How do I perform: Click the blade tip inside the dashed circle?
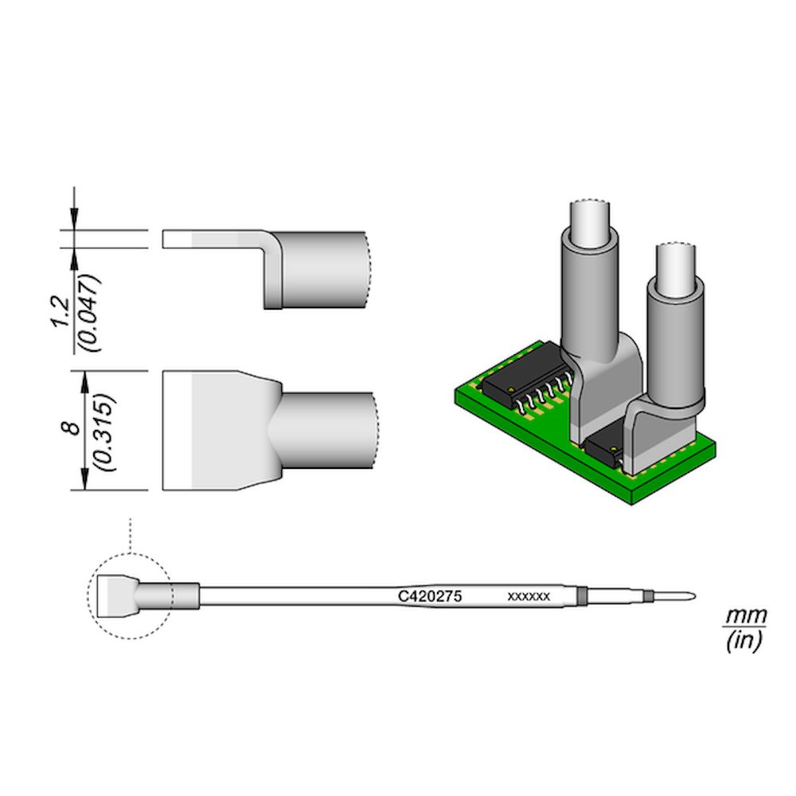coord(113,595)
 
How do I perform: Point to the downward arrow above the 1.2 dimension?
coord(75,209)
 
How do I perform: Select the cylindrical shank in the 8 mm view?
coord(326,429)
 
